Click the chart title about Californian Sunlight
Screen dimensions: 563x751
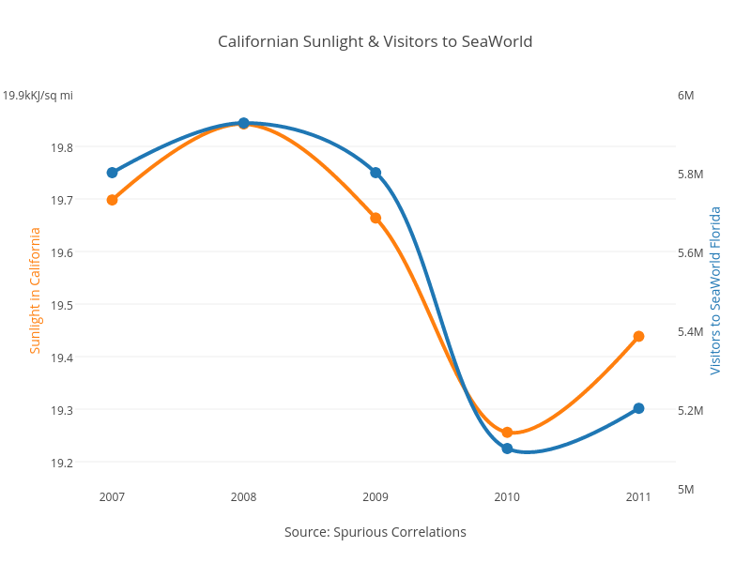(x=375, y=41)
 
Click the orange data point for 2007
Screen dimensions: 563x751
(x=112, y=200)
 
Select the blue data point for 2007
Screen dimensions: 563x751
(x=112, y=173)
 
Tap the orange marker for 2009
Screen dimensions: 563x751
(x=375, y=218)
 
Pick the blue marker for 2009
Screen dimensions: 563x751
(x=375, y=173)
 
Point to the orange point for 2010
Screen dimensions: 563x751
(x=507, y=433)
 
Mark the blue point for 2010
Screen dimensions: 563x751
(x=507, y=449)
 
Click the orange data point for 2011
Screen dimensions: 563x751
(x=638, y=336)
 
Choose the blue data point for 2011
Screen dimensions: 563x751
(x=638, y=408)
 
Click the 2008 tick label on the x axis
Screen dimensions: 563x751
(x=243, y=495)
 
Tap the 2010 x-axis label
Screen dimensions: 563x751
(x=507, y=495)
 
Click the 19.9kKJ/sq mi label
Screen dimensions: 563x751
(x=38, y=95)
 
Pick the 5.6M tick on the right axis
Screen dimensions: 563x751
(x=690, y=252)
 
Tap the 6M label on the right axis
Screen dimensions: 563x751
(x=685, y=95)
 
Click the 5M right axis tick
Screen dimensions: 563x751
(x=685, y=489)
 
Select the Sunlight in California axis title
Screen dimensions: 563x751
(x=35, y=291)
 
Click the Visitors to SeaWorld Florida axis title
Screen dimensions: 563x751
(x=715, y=291)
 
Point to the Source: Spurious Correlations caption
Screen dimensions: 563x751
(x=375, y=532)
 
